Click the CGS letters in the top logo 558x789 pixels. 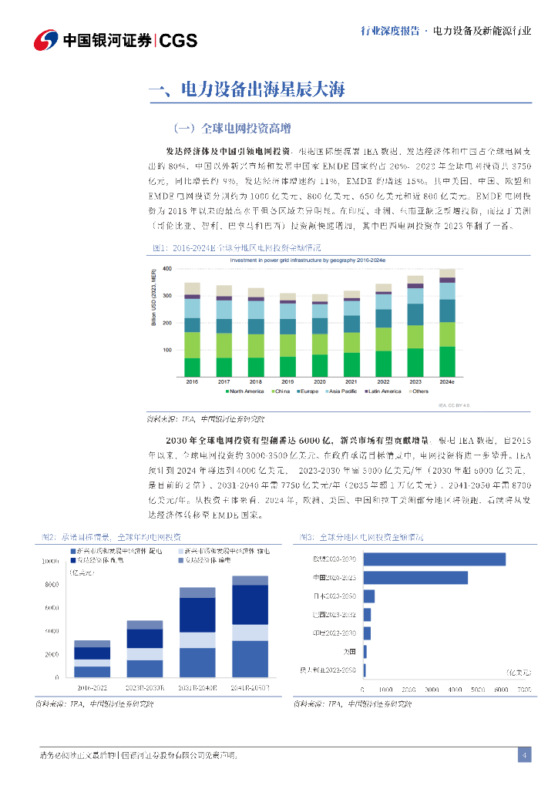pyautogui.click(x=179, y=41)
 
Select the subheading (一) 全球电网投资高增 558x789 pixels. pyautogui.click(x=231, y=127)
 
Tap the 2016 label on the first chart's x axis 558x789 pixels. pyautogui.click(x=192, y=382)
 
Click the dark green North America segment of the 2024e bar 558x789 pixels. pyautogui.click(x=447, y=361)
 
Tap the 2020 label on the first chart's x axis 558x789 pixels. pyautogui.click(x=319, y=382)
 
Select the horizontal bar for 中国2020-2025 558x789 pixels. pyautogui.click(x=415, y=578)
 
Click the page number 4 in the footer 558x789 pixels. pyautogui.click(x=524, y=755)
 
